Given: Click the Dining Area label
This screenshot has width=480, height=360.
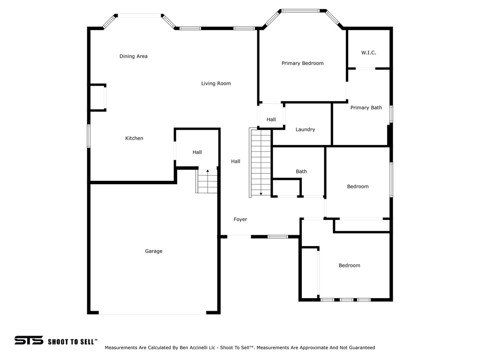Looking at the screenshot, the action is (134, 56).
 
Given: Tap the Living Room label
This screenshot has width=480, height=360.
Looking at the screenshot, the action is (216, 83).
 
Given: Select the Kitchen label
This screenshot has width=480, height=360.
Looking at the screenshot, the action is (134, 138).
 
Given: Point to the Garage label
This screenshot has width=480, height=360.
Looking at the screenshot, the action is (154, 251).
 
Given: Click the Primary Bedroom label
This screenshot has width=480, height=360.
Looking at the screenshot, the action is (302, 63).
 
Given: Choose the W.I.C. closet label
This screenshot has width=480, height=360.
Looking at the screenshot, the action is (368, 52).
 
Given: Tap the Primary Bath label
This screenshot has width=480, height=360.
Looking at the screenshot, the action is (366, 107).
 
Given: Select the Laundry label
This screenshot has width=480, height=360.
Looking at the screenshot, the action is (305, 129).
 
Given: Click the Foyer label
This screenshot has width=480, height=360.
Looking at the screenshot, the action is (240, 219).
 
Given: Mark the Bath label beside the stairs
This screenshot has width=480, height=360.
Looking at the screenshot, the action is (301, 172).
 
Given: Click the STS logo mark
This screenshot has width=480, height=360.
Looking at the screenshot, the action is (29, 340).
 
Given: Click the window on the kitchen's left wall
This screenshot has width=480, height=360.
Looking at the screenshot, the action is (89, 136).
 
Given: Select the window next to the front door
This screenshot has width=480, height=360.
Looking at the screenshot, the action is (277, 237).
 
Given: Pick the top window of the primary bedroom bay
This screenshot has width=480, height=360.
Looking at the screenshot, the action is (300, 11).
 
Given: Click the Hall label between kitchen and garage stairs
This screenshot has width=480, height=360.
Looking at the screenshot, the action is (197, 152).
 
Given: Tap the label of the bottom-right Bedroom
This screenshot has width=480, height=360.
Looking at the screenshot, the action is (349, 265).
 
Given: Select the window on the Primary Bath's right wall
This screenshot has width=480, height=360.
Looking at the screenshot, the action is (391, 114).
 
